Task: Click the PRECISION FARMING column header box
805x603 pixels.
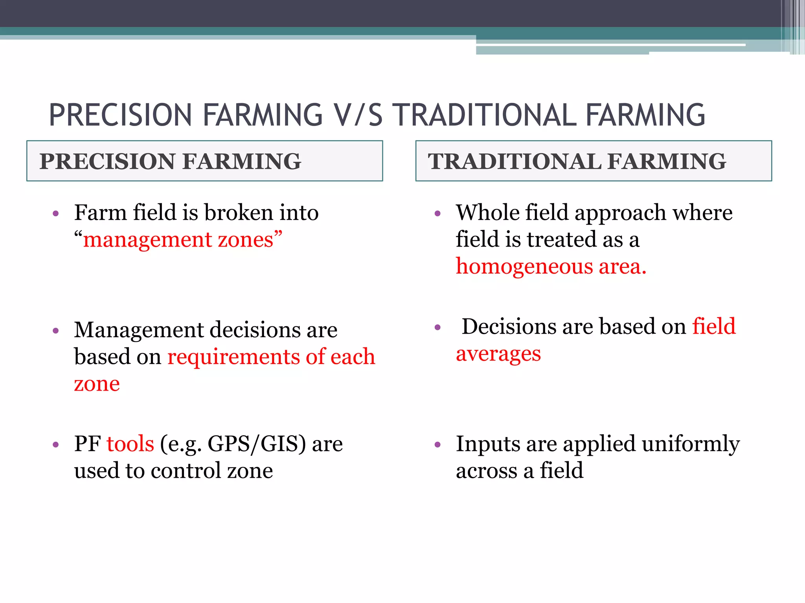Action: click(x=204, y=161)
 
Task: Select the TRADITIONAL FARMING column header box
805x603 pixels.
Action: click(x=594, y=161)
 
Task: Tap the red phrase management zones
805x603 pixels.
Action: click(x=178, y=240)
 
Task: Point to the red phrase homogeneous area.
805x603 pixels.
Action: click(x=551, y=267)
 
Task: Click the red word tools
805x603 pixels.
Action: click(x=130, y=444)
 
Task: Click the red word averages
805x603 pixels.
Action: click(x=498, y=354)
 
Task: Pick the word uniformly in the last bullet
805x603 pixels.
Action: click(x=691, y=444)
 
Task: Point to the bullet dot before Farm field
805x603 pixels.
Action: click(x=56, y=214)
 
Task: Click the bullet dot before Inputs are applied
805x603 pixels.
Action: click(x=438, y=445)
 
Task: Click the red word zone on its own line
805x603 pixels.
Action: click(x=97, y=384)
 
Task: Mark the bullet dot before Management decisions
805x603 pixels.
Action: click(x=56, y=331)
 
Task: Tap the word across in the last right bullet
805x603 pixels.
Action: click(x=486, y=471)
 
